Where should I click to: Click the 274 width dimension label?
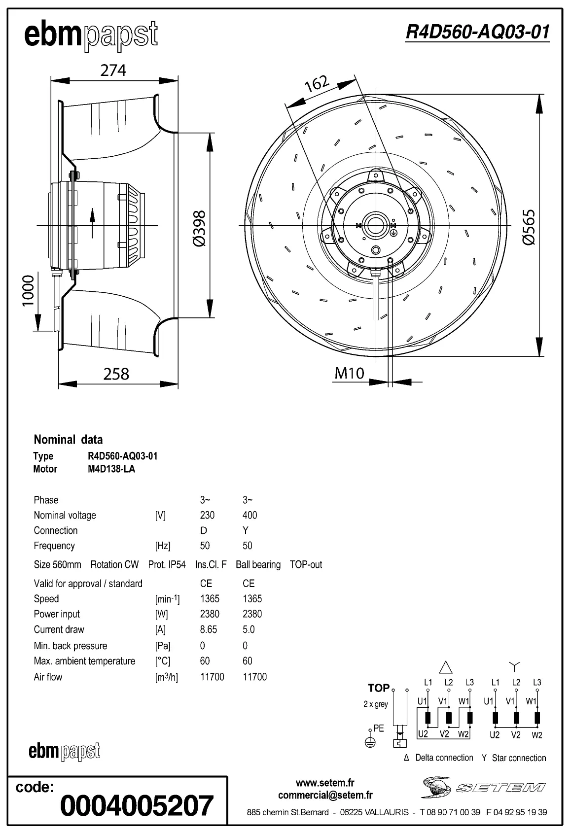(113, 70)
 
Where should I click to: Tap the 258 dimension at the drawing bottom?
(116, 374)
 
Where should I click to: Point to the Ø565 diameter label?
(528, 227)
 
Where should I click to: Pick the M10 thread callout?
(349, 373)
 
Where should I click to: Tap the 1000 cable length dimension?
(29, 290)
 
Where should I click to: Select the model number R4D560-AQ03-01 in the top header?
(477, 32)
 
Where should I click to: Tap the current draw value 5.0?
(249, 629)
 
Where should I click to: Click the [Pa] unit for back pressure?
(163, 646)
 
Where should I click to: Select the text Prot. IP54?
(167, 565)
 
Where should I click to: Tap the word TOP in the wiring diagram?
(379, 688)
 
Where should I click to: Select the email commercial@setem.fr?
(325, 795)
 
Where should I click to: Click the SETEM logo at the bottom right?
(484, 787)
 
